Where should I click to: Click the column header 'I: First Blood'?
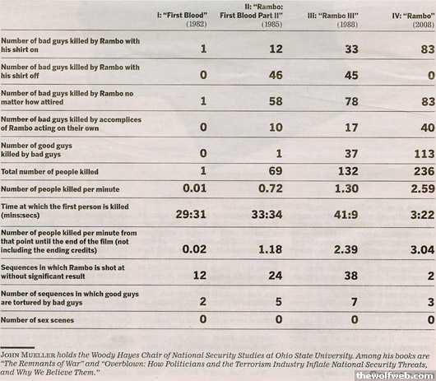click(182, 16)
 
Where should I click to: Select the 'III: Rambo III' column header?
click(333, 16)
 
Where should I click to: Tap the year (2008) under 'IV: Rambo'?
click(424, 25)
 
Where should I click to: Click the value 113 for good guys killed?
click(424, 154)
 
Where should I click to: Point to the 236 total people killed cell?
click(424, 171)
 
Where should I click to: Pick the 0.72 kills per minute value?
click(271, 188)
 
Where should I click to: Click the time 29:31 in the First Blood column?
click(191, 215)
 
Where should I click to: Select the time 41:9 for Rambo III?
click(346, 215)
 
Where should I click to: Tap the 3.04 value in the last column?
click(422, 249)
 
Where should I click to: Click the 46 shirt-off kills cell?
click(276, 75)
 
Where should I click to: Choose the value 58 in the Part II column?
click(276, 101)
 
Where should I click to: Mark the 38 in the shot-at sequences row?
click(351, 276)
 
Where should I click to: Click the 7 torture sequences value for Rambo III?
click(355, 302)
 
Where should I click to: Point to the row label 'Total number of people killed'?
click(49, 172)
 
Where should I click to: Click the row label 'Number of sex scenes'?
click(37, 320)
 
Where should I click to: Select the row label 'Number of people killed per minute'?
click(60, 189)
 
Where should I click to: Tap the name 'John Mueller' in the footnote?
click(28, 355)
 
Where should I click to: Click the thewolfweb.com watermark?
click(396, 376)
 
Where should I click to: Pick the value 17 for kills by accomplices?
click(351, 128)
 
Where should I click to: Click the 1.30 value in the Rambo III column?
click(346, 188)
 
